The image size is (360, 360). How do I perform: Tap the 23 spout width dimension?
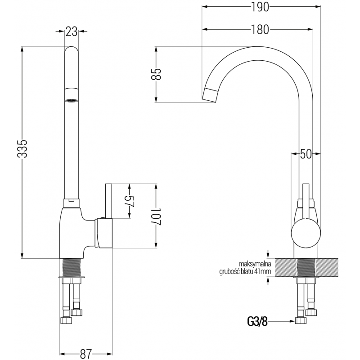tap(71, 31)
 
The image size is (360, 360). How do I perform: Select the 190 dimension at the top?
tap(257, 7)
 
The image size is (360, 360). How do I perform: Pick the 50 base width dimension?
tap(306, 154)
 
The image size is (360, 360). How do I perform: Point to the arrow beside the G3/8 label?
tap(283, 321)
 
